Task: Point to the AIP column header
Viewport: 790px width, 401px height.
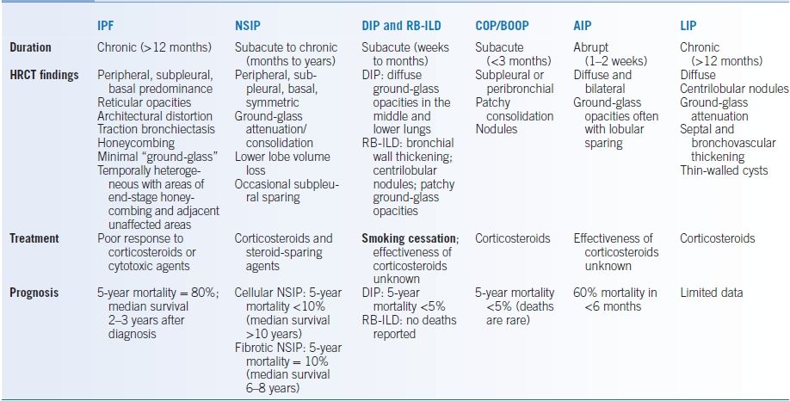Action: click(583, 26)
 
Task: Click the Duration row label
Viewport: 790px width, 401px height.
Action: click(30, 47)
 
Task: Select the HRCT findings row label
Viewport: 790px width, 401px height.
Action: click(44, 75)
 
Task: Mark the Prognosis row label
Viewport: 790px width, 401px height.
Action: click(34, 293)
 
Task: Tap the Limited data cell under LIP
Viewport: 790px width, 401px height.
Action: click(712, 293)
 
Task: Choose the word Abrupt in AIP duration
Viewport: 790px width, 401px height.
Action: click(591, 47)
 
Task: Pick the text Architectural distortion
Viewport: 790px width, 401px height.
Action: click(154, 115)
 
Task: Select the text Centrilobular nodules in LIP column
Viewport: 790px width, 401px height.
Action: click(734, 89)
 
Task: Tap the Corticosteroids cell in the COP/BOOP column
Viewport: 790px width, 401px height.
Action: click(513, 238)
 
